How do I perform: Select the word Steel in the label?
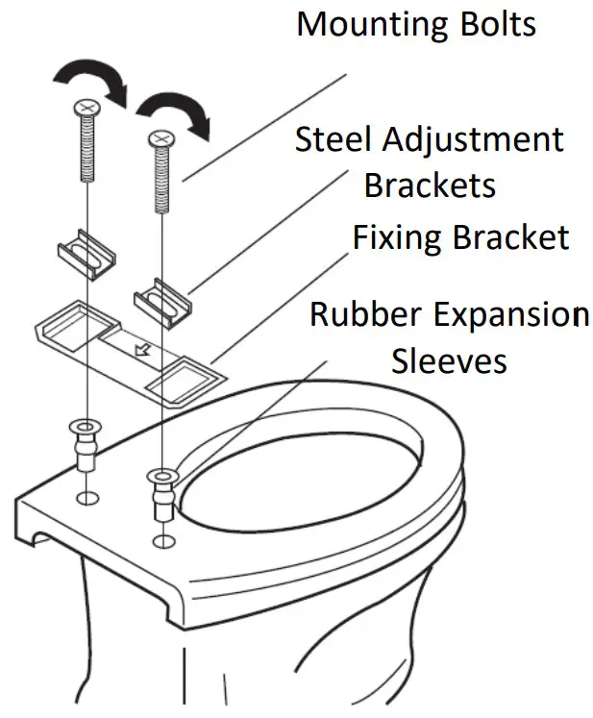[333, 140]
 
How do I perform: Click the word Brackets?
[430, 184]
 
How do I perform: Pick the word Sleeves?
[448, 360]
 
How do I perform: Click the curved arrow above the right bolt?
[174, 108]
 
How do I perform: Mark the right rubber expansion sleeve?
[161, 490]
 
